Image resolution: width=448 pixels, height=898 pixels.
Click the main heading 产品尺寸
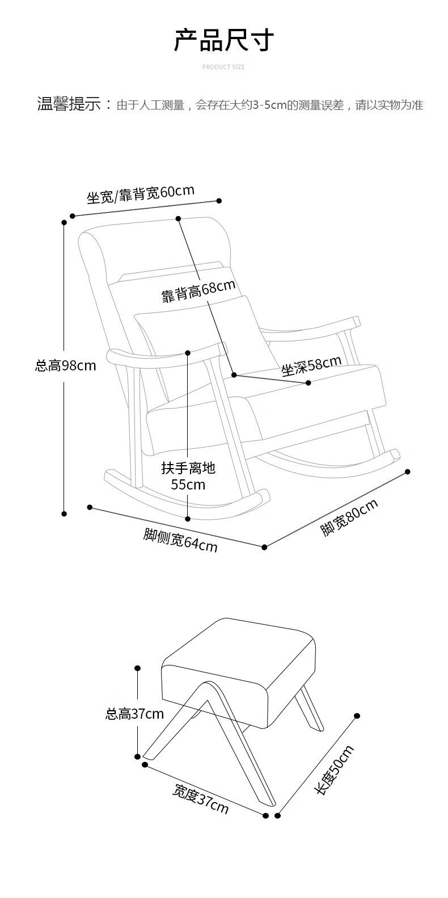coord(223,41)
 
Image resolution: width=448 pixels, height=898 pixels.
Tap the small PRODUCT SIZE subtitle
coord(223,67)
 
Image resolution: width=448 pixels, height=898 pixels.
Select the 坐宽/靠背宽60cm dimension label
coord(141,194)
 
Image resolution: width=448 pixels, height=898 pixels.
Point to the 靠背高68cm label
coord(198,291)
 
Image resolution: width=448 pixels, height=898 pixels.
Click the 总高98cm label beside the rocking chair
coord(66,366)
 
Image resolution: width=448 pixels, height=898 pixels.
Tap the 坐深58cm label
coord(311,366)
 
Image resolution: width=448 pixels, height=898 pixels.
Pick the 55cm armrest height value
coord(188,485)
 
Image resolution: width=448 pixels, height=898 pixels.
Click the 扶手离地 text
coord(188,469)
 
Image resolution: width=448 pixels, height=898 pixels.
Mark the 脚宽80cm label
coord(349,517)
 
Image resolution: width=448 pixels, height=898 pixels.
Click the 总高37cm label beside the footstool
coord(134,714)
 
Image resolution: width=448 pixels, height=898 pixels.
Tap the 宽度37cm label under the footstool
coord(201,799)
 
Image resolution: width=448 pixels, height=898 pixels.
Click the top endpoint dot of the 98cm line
coord(64,222)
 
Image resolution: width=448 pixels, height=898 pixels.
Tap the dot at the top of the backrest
coord(178,218)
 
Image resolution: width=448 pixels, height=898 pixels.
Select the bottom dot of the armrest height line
coord(188,518)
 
